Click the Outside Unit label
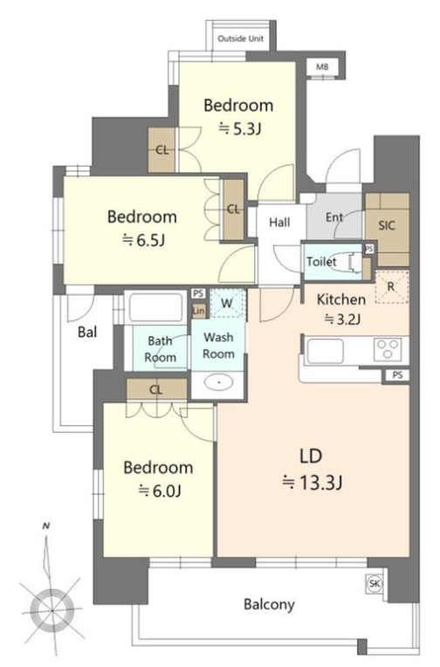pyautogui.click(x=240, y=38)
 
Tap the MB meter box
pyautogui.click(x=321, y=66)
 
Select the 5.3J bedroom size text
pyautogui.click(x=239, y=128)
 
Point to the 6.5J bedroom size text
pyautogui.click(x=143, y=240)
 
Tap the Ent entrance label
pyautogui.click(x=334, y=217)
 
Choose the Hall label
pyautogui.click(x=279, y=222)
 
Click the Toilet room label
pyautogui.click(x=321, y=262)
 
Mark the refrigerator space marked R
pyautogui.click(x=391, y=287)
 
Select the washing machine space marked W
pyautogui.click(x=227, y=303)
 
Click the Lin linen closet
pyautogui.click(x=198, y=311)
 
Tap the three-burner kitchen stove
pyautogui.click(x=387, y=349)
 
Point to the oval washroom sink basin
pyautogui.click(x=219, y=382)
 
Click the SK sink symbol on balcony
pyautogui.click(x=375, y=583)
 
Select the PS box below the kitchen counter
pyautogui.click(x=397, y=375)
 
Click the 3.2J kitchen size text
pyautogui.click(x=342, y=319)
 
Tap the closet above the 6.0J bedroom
pyautogui.click(x=156, y=389)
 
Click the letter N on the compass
pyautogui.click(x=46, y=526)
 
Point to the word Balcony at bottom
pyautogui.click(x=269, y=604)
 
